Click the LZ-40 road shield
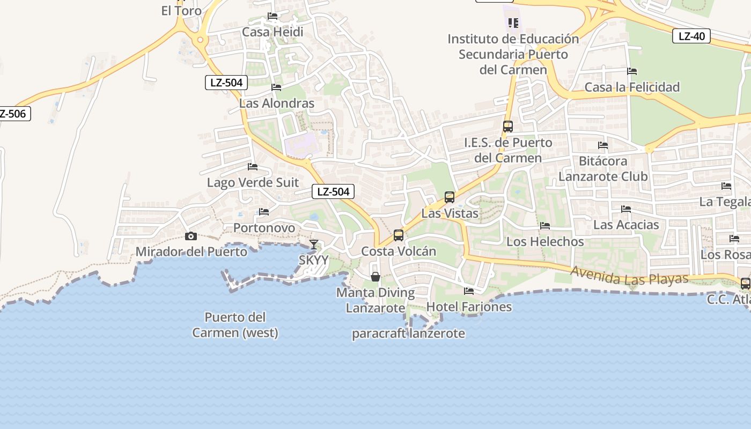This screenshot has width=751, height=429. coord(691,36)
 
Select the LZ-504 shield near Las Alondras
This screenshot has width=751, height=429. coord(226,83)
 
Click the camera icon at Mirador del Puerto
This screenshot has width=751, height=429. coord(190,236)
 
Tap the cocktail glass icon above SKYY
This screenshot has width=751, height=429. coord(314,245)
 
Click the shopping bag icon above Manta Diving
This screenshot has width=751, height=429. coord(376,277)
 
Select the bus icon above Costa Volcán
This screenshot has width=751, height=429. coord(399,235)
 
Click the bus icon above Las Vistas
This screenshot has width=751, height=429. coord(450,197)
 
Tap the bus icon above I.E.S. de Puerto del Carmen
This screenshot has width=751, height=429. coord(507,127)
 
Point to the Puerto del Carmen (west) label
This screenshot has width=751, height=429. coord(235,325)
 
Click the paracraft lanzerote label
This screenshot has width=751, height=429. coord(408,333)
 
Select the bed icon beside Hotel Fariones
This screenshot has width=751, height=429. coord(469,291)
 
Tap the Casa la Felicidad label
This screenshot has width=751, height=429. coord(632,87)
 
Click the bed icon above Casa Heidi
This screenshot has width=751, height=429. coord(273,16)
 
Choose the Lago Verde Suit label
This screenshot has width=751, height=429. coord(253,182)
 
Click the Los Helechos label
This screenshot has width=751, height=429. coord(545,241)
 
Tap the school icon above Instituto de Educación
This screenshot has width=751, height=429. coord(513,23)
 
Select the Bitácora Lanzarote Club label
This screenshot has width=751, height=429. coord(603,168)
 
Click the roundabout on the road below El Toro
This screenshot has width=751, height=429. coord(201,39)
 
